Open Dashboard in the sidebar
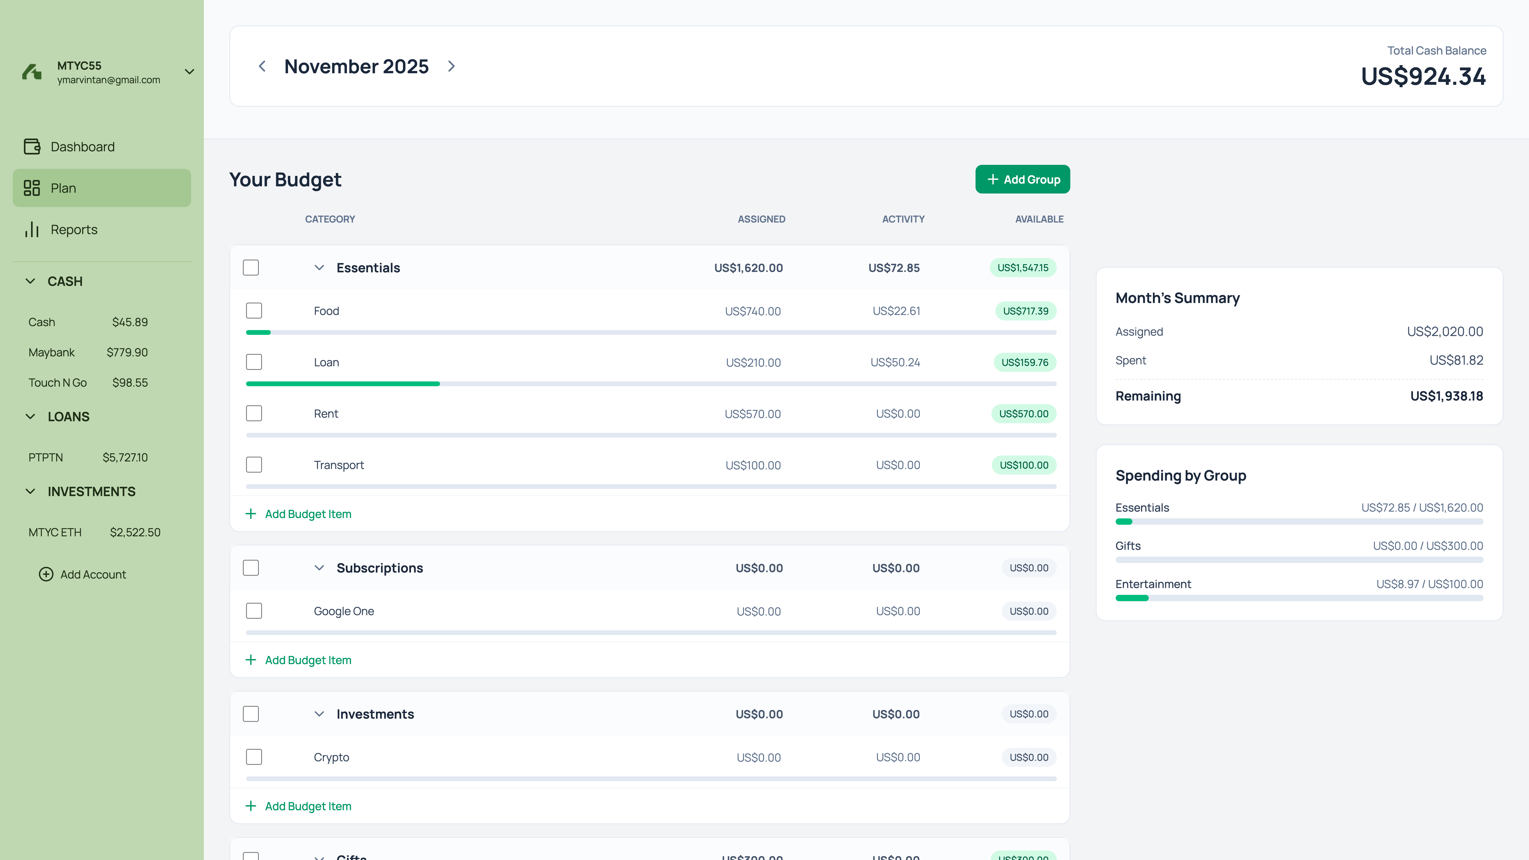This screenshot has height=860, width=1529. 82,147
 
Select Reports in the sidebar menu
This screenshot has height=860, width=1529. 74,230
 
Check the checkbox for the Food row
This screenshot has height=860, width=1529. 254,310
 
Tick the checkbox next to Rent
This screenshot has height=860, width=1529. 254,413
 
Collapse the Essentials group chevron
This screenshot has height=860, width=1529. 319,268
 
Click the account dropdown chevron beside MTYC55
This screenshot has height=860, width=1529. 189,72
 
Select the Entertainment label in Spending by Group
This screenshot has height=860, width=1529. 1153,584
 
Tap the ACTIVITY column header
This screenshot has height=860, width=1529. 903,219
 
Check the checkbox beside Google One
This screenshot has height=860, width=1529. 254,611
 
